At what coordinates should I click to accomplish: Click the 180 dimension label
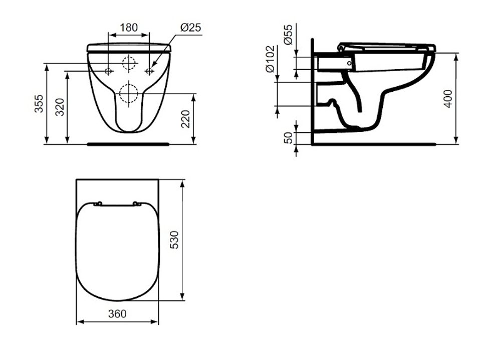(x=129, y=28)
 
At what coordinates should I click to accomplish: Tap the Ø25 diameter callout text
(x=191, y=28)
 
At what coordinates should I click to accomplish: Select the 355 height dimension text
(x=39, y=104)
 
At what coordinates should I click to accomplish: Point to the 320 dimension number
(x=60, y=107)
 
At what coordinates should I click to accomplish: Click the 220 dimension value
(x=185, y=119)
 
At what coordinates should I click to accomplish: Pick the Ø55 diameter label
(x=288, y=35)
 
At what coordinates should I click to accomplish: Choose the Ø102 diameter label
(x=271, y=59)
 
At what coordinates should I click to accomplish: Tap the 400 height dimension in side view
(x=448, y=99)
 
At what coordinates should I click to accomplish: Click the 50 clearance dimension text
(x=288, y=138)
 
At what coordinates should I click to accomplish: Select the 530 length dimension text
(x=174, y=240)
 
